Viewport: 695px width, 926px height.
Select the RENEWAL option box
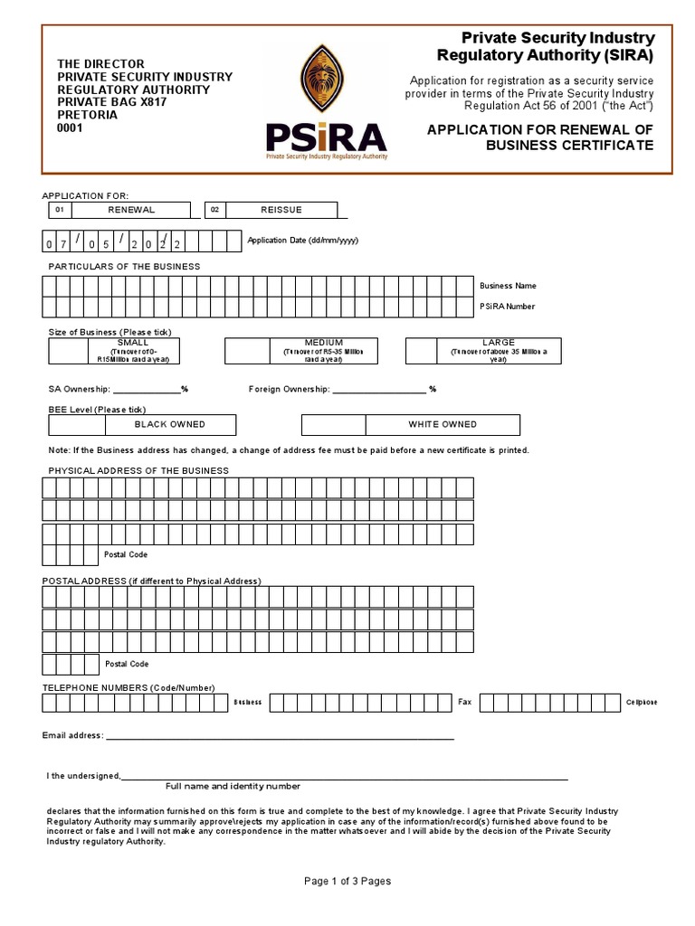[131, 210]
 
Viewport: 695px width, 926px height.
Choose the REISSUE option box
[281, 210]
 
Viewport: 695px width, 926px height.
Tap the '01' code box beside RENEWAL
[60, 210]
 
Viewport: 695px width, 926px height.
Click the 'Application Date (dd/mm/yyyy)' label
[302, 241]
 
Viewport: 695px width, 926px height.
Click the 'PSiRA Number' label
[507, 307]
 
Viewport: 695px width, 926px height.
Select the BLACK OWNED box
[170, 424]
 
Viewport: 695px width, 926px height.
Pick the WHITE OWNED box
[443, 424]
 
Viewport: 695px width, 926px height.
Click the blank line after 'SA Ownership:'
[147, 391]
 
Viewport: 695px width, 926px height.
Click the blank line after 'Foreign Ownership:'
[379, 391]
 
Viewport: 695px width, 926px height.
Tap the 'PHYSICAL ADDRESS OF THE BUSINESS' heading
[138, 471]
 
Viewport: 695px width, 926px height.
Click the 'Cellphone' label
[642, 703]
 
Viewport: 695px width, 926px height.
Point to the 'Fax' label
[465, 703]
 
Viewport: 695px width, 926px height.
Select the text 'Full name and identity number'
[233, 787]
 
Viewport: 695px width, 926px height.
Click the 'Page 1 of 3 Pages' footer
[347, 882]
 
